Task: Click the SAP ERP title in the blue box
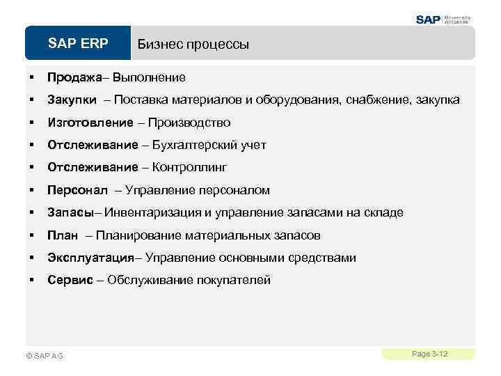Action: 78,44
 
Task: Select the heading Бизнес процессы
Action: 193,45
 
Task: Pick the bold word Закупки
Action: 72,100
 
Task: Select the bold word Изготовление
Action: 90,123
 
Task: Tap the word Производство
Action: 189,123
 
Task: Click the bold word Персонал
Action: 74,190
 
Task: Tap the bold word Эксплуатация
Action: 90,258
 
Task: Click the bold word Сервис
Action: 70,281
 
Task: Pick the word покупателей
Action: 235,281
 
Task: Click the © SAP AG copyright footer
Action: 44,356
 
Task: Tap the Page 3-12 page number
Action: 429,354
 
